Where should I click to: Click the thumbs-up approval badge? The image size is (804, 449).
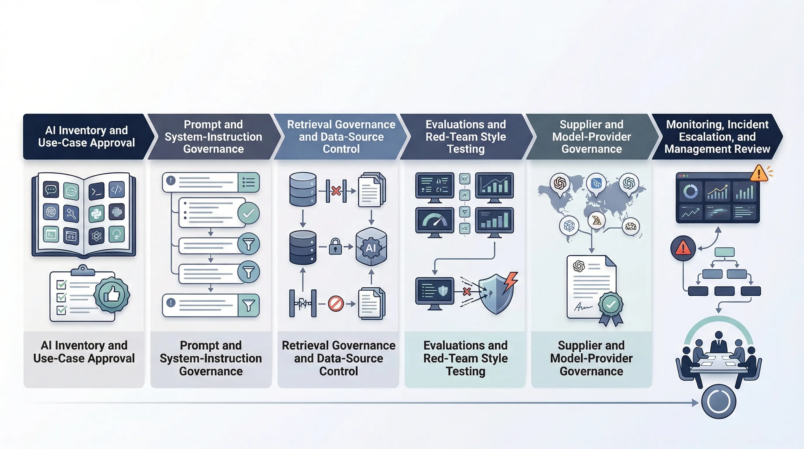(112, 294)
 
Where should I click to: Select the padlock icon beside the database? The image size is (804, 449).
(335, 246)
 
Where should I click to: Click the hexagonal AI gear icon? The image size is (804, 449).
(371, 247)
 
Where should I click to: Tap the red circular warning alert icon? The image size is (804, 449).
(683, 248)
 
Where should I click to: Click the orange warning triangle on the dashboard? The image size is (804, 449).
(759, 174)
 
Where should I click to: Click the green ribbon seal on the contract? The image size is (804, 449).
(611, 306)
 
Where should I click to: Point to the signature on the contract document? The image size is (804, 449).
(582, 307)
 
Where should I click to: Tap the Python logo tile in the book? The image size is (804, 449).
(96, 213)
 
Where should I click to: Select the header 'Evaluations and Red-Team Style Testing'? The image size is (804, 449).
(466, 137)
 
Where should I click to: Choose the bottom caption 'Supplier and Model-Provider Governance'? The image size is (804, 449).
(591, 358)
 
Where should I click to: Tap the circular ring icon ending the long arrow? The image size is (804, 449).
(718, 401)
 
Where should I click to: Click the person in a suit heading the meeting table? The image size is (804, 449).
(719, 343)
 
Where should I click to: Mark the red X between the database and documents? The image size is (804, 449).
(336, 191)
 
